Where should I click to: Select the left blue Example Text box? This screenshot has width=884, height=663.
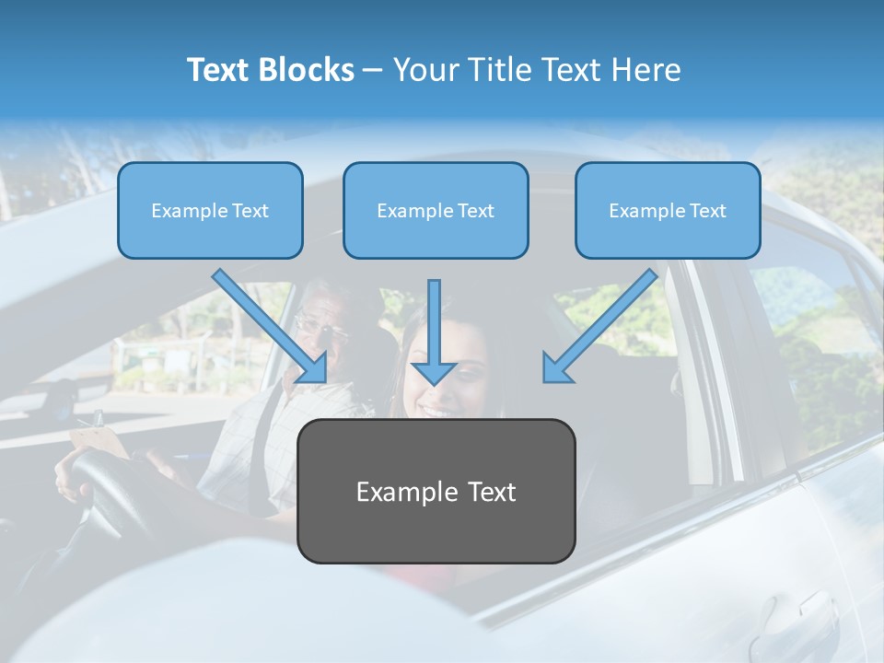[x=210, y=210]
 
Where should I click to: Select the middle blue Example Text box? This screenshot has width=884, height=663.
[x=436, y=210]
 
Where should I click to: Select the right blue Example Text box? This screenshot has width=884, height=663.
[x=668, y=210]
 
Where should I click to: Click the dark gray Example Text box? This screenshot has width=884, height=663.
[x=436, y=491]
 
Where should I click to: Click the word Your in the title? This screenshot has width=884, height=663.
[x=423, y=70]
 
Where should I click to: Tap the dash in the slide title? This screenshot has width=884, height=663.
[x=372, y=71]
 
